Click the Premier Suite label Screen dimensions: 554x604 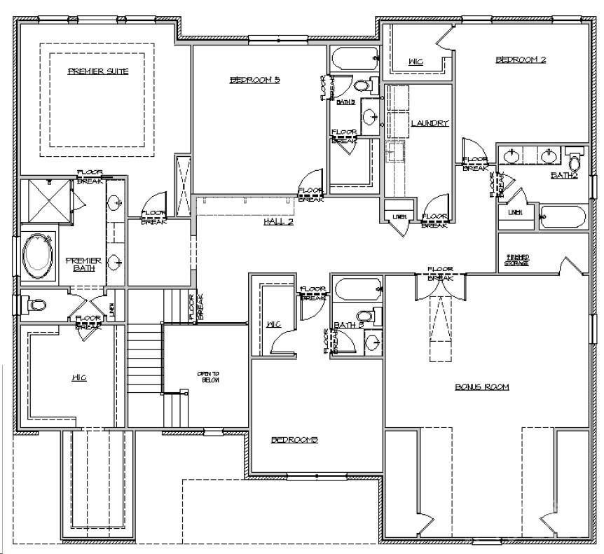pos(97,71)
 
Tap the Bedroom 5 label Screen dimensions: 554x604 pos(255,80)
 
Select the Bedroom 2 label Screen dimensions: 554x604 pos(521,60)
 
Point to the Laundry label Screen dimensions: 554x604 pos(429,123)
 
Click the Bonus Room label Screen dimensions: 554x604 pos(481,387)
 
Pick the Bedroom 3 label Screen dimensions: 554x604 pos(295,440)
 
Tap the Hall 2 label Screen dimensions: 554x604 pos(277,221)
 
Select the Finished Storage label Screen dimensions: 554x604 pos(517,261)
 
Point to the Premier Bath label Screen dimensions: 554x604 pos(83,263)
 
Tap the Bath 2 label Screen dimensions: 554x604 pos(564,175)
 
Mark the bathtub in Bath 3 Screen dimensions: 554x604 pos(358,289)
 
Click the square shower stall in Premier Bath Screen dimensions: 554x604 pos(45,202)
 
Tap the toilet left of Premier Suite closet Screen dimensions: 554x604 pos(36,305)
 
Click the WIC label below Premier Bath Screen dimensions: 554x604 pos(78,378)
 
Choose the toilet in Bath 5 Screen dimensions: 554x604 pos(362,86)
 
